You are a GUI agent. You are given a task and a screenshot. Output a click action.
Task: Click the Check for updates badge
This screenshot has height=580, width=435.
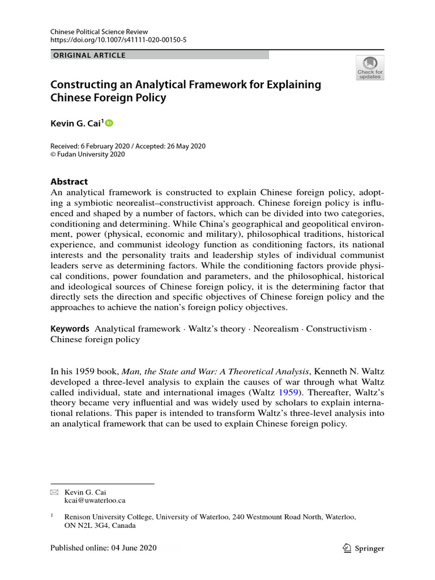[369, 67]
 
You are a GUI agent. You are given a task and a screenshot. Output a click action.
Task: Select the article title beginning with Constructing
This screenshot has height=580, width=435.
[186, 91]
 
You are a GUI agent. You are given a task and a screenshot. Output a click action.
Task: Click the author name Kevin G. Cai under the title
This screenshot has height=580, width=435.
[76, 123]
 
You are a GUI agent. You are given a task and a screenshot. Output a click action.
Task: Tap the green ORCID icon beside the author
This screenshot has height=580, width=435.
[109, 123]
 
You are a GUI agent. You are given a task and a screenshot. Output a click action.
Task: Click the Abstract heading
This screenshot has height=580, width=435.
[69, 182]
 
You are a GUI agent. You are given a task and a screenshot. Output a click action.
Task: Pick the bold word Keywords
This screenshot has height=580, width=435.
[70, 329]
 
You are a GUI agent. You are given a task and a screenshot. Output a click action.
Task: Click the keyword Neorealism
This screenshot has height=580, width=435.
[276, 329]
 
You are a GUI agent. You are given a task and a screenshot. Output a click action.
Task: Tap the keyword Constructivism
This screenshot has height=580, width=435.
[336, 329]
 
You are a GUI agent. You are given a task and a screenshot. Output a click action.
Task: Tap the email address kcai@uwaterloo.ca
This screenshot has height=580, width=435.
[95, 501]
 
